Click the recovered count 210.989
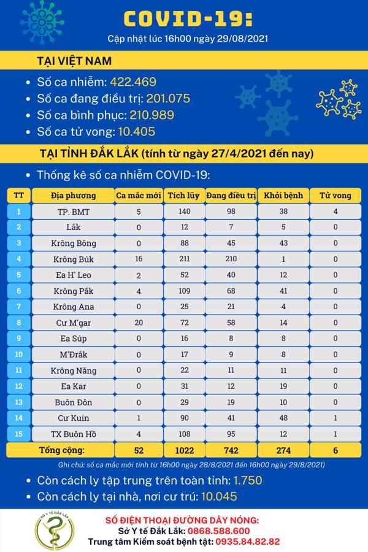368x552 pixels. [x=150, y=115]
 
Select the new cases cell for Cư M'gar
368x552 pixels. [x=139, y=322]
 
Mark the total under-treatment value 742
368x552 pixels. [x=231, y=450]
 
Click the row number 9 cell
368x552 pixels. [x=19, y=338]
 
